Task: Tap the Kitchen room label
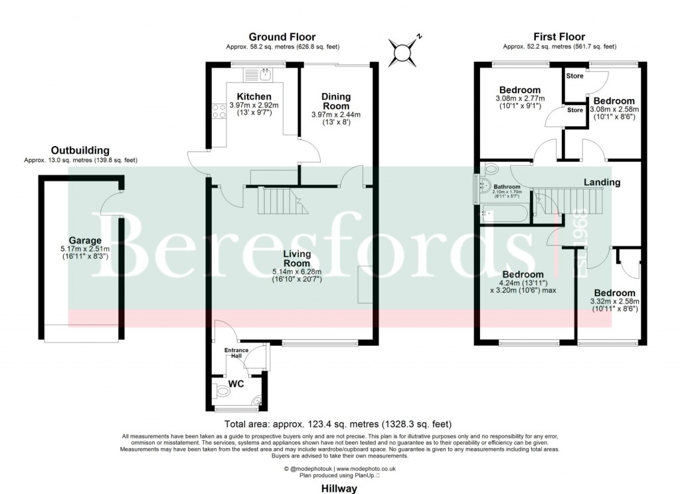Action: click(x=254, y=97)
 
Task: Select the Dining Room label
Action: click(x=335, y=102)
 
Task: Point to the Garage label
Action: click(x=85, y=240)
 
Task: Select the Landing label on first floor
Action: click(x=602, y=182)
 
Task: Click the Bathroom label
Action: click(x=507, y=187)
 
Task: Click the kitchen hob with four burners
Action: click(x=217, y=112)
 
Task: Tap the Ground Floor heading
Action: click(x=282, y=37)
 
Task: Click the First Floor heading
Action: click(x=559, y=37)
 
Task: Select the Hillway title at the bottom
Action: click(x=339, y=488)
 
